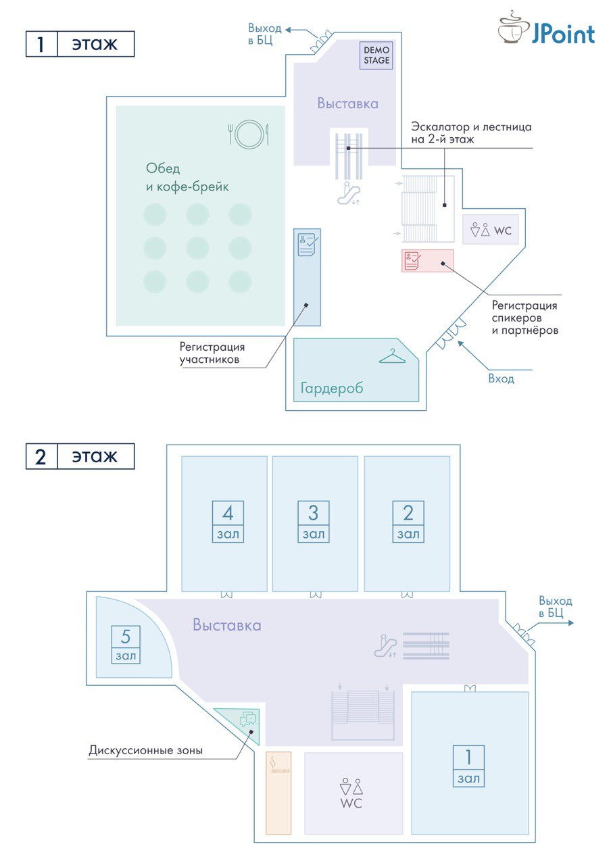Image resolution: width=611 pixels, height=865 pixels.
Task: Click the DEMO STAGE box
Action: pos(376,55)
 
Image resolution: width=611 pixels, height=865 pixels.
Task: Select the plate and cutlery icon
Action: pos(248,132)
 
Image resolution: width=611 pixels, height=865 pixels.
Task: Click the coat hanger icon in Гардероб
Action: pos(391,355)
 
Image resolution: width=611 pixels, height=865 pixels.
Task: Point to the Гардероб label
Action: pos(332,388)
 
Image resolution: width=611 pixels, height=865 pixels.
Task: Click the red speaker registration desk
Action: pos(427,260)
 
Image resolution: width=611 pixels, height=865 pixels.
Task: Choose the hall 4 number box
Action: pos(228,522)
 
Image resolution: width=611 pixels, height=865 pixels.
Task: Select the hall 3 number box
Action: pos(313,522)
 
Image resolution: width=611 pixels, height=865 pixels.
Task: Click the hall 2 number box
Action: pos(408,522)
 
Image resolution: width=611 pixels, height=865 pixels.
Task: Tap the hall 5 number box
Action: pos(126,644)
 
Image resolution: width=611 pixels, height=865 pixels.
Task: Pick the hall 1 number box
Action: pos(468,766)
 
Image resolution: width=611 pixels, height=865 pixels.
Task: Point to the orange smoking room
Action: pos(278,792)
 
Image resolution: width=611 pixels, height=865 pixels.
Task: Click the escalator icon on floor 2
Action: pos(385,646)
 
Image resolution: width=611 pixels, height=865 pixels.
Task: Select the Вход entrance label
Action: pos(501,378)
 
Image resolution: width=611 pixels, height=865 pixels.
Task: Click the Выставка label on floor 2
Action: pos(226,625)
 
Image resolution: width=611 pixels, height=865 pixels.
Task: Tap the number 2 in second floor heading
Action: pos(41,457)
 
